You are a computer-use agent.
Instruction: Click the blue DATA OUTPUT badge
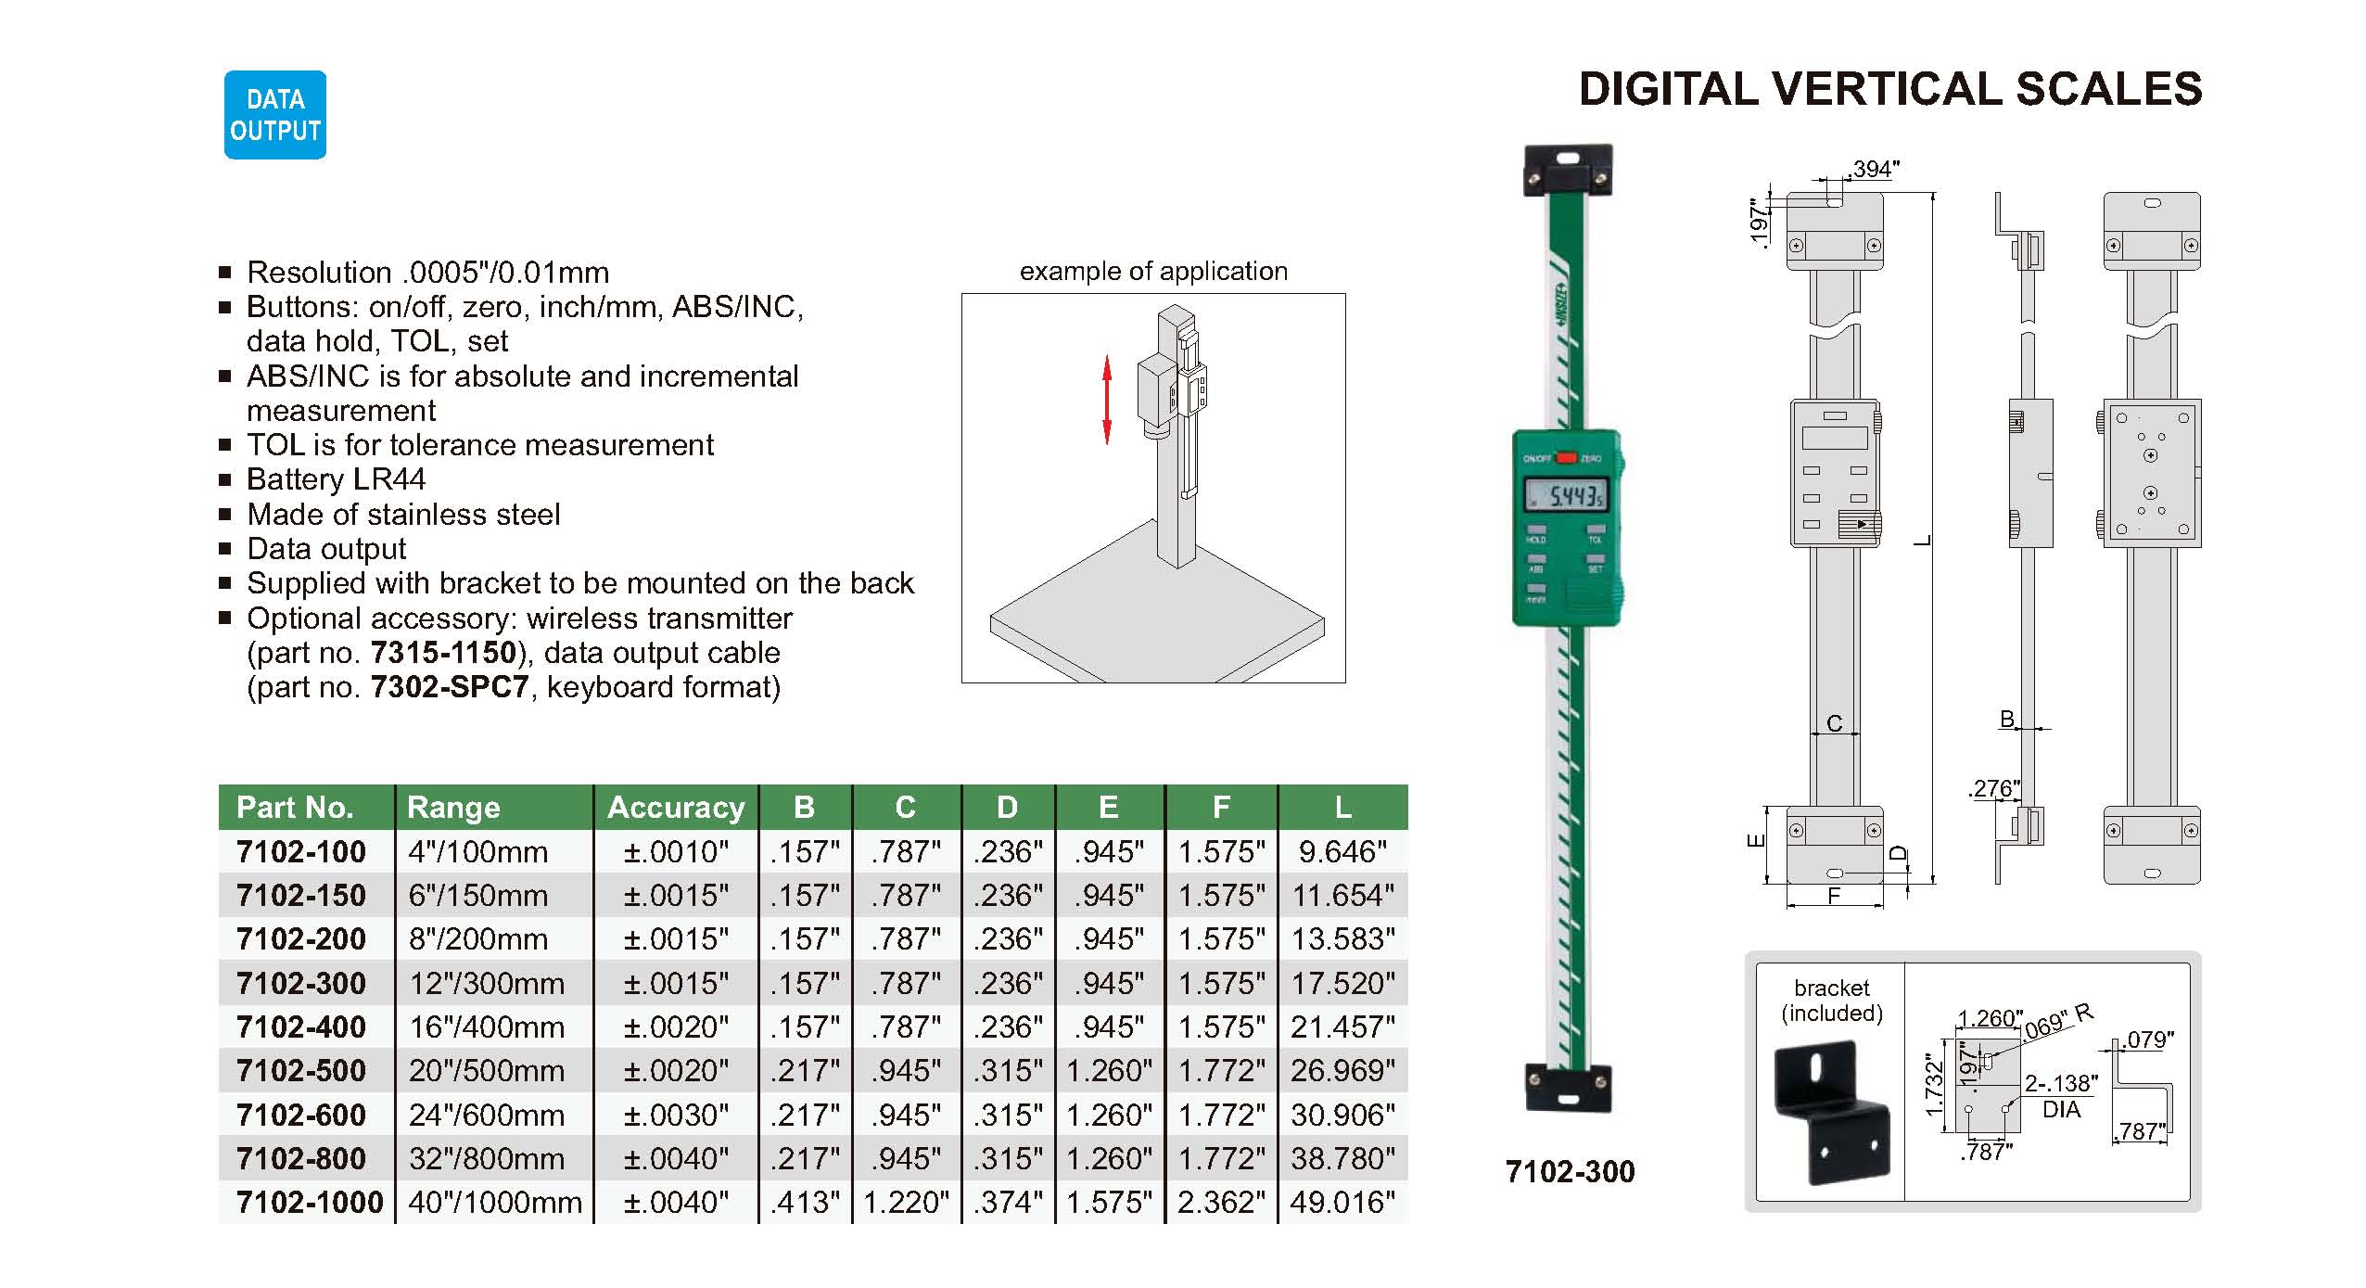click(x=275, y=115)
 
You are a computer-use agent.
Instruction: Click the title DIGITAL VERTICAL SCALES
click(x=1890, y=89)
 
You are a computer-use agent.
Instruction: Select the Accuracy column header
click(x=676, y=808)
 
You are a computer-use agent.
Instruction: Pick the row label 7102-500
click(x=301, y=1071)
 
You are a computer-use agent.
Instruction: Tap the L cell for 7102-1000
click(x=1342, y=1203)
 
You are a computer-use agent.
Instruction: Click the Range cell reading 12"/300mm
click(x=487, y=983)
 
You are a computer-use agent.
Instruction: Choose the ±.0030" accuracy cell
click(x=676, y=1115)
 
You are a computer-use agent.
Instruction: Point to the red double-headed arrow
click(x=1106, y=399)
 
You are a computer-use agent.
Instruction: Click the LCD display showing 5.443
click(x=1568, y=496)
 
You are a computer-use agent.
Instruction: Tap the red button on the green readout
click(x=1567, y=457)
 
